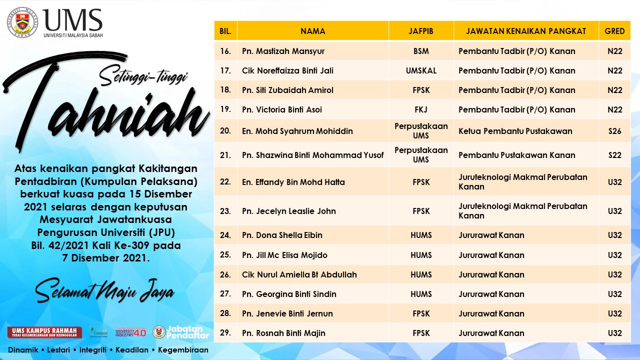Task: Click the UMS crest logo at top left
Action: pyautogui.click(x=22, y=22)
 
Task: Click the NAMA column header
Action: pyautogui.click(x=313, y=31)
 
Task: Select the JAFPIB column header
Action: pyautogui.click(x=421, y=31)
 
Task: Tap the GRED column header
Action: pyautogui.click(x=614, y=31)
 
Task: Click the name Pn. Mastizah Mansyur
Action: pyautogui.click(x=283, y=51)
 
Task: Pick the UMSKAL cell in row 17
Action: pyautogui.click(x=421, y=70)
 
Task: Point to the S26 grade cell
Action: pyautogui.click(x=614, y=131)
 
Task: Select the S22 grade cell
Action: pyautogui.click(x=614, y=155)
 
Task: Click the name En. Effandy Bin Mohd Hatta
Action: pyautogui.click(x=293, y=182)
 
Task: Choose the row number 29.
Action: pyautogui.click(x=225, y=333)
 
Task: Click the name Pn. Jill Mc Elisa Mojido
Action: pyautogui.click(x=284, y=255)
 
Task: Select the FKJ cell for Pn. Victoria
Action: pyautogui.click(x=421, y=109)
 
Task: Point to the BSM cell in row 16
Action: pyautogui.click(x=421, y=51)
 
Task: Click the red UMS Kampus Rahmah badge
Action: pyautogui.click(x=44, y=332)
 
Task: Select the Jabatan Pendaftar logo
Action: pyautogui.click(x=180, y=332)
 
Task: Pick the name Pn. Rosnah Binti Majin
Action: pyautogui.click(x=283, y=333)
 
